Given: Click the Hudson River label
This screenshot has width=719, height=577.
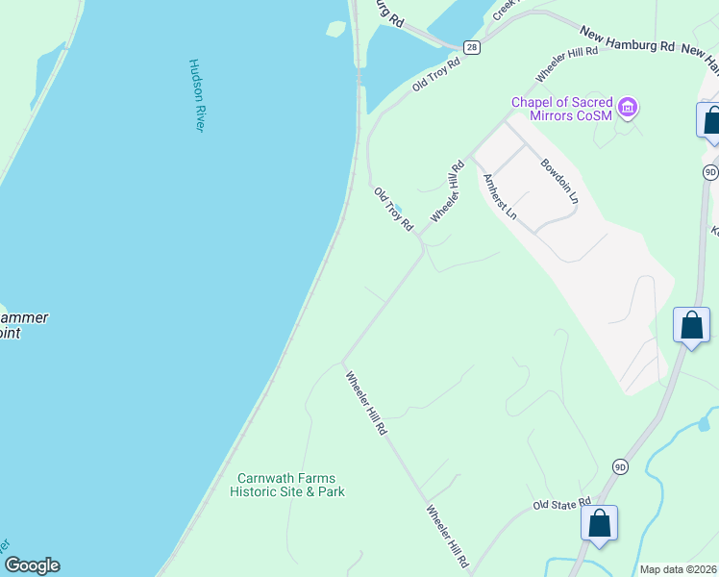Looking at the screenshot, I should click(195, 96).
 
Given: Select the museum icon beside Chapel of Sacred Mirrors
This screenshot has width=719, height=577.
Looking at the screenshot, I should click(628, 106).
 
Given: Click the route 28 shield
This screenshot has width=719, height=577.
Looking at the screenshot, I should click(470, 46).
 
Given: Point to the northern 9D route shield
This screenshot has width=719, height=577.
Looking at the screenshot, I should click(710, 172).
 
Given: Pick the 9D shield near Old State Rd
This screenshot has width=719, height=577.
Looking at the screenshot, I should click(620, 467).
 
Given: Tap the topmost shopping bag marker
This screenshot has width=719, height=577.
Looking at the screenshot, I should click(712, 121).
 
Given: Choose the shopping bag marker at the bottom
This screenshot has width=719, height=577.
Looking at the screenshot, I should click(599, 525).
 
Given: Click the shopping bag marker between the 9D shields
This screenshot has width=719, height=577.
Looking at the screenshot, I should click(692, 326).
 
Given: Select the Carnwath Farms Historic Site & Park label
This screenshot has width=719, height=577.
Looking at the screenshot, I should click(287, 485).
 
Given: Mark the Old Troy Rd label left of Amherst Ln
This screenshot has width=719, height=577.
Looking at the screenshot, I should click(393, 209).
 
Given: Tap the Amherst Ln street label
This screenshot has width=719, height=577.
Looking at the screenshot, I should click(501, 197).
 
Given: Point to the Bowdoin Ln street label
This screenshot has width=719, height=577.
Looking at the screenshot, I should click(559, 181).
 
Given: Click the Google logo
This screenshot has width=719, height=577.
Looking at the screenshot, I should click(31, 565).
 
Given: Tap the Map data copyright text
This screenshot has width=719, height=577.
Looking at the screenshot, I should click(678, 569).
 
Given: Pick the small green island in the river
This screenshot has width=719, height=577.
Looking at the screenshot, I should click(335, 29).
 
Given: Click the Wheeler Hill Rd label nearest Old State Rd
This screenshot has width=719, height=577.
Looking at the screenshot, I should click(447, 537).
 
